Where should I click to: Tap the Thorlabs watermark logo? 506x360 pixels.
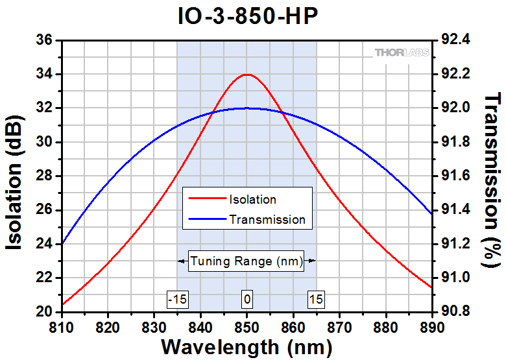pyautogui.click(x=401, y=52)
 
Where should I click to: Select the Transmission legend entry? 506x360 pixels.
pyautogui.click(x=267, y=219)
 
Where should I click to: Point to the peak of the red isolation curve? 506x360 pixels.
pyautogui.click(x=247, y=75)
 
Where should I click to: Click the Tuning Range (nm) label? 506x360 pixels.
pyautogui.click(x=247, y=261)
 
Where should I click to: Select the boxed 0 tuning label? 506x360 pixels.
pyautogui.click(x=247, y=299)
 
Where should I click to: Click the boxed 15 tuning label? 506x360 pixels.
pyautogui.click(x=316, y=299)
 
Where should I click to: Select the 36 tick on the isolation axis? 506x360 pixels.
pyautogui.click(x=43, y=40)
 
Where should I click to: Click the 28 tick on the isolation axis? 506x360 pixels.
pyautogui.click(x=43, y=176)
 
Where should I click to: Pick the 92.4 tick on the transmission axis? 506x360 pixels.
pyautogui.click(x=454, y=40)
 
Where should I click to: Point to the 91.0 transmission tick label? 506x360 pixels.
pyautogui.click(x=454, y=278)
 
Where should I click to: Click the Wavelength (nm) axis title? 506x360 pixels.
pyautogui.click(x=247, y=346)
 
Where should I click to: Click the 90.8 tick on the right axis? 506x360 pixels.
pyautogui.click(x=454, y=311)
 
